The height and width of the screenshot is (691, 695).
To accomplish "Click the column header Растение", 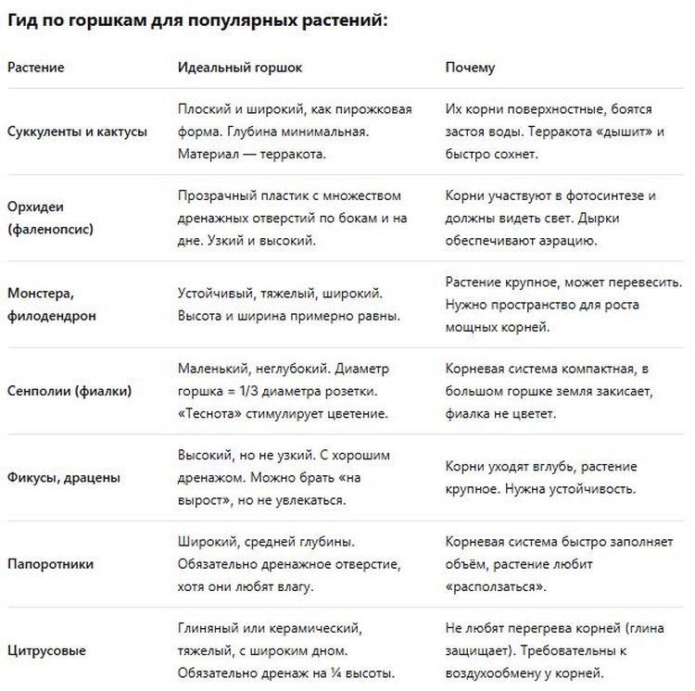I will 36,69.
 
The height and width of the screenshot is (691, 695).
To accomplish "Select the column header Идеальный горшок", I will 240,69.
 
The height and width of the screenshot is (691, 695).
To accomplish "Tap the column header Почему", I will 470,69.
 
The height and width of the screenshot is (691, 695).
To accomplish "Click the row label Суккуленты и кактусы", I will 77,132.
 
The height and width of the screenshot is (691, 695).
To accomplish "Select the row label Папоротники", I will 50,564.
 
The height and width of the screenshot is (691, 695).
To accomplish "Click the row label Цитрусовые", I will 46,650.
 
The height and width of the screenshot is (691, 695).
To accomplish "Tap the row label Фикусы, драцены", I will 64,478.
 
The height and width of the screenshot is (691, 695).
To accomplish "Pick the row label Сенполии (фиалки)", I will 69,391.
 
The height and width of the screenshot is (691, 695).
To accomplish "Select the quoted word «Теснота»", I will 209,413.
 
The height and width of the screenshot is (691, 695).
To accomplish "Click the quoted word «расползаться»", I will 494,586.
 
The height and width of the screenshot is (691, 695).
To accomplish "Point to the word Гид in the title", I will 25,19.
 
